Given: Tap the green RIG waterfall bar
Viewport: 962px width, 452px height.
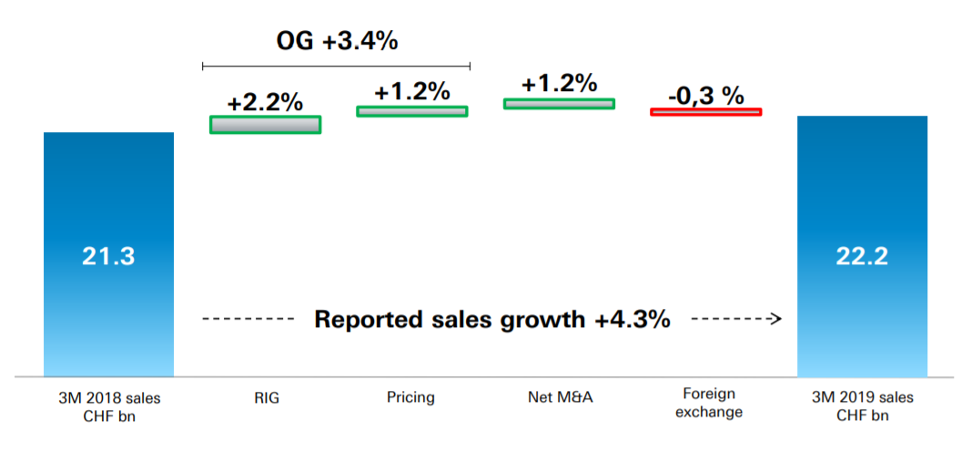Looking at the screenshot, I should pos(265,125).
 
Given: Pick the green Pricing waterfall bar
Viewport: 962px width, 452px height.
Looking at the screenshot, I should pos(411,111).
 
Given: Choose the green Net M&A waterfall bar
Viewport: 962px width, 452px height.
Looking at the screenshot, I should pos(559,104).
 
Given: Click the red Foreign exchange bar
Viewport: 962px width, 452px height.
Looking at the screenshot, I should pos(705,111).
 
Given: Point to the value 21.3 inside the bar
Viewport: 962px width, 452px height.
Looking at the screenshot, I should pos(108,257).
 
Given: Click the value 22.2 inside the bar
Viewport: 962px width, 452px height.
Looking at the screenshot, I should pos(862,257).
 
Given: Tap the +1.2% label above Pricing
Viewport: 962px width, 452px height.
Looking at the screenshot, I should pos(411,91).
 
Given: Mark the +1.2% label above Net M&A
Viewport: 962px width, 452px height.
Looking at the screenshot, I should pos(559,83).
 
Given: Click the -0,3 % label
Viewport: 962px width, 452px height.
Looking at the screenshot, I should pos(705,95).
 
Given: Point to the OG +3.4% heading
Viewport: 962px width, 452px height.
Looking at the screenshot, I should pos(337,41).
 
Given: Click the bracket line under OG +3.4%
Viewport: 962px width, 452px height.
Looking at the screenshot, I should pos(336,66).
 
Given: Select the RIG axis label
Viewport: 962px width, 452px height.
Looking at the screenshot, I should pos(265,397).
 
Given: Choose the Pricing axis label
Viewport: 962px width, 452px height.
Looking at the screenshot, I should pos(410,397).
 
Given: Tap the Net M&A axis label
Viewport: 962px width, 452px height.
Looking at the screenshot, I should pos(558,397).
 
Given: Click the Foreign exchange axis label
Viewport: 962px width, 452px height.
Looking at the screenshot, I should pos(712,404).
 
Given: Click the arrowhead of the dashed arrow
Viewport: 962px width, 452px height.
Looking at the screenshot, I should pos(776,320).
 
